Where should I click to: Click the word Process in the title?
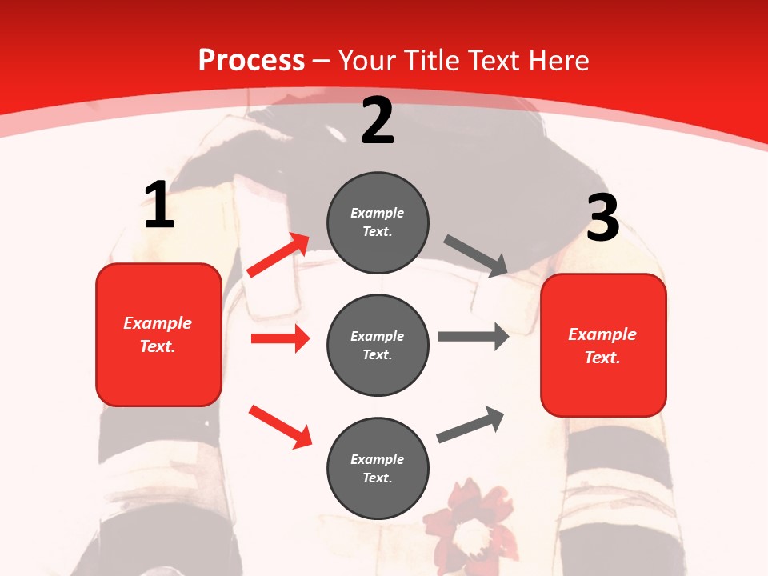click(251, 61)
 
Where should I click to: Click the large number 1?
click(159, 205)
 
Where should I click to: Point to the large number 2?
click(378, 122)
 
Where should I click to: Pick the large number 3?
click(602, 218)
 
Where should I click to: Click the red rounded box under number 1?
click(158, 334)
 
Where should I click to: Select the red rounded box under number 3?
click(603, 346)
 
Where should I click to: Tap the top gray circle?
click(378, 222)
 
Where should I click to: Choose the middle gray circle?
click(378, 346)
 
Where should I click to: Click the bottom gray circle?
click(378, 469)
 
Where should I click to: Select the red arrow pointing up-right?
click(278, 254)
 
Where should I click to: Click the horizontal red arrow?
click(280, 338)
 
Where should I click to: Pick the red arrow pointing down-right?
click(280, 426)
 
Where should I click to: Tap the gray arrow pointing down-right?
click(476, 256)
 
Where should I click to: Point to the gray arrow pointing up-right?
click(470, 424)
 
